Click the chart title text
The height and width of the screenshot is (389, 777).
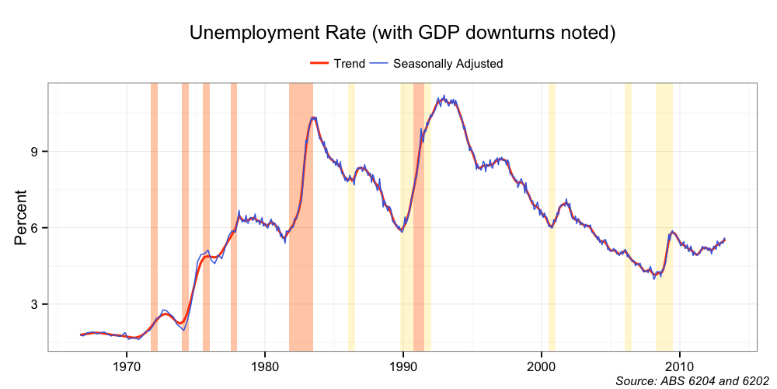[x=403, y=33]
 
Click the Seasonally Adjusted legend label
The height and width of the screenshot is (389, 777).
[x=448, y=64]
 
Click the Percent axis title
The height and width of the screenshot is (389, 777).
[x=20, y=217]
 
